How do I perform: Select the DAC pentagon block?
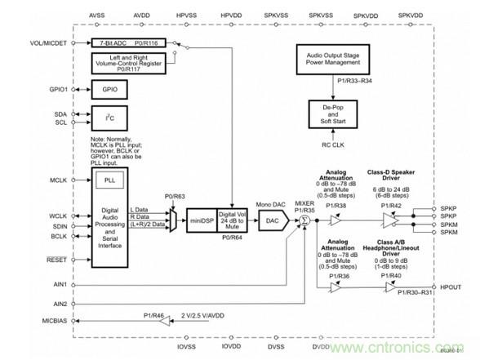tap(273, 221)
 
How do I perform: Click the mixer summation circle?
tap(304, 221)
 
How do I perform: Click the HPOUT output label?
tap(451, 287)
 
